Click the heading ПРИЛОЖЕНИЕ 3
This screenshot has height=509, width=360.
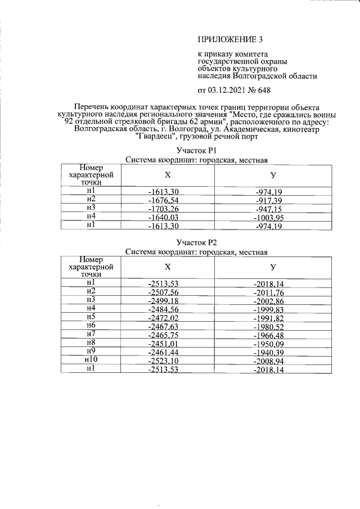coord(230,39)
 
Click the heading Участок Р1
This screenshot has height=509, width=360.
coord(196,151)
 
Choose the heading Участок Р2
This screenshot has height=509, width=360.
coord(196,242)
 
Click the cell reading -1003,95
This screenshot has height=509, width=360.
coord(268,218)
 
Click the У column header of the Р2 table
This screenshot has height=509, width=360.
coord(273,267)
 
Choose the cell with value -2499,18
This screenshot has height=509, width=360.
coord(163,300)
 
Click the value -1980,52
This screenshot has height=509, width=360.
coord(268,326)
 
